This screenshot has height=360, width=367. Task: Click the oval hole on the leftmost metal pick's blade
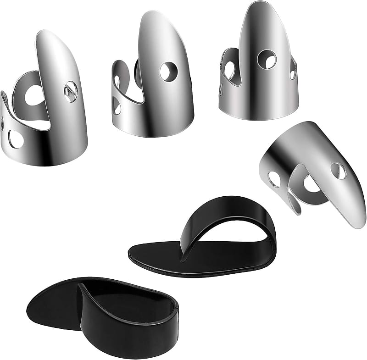click(70, 91)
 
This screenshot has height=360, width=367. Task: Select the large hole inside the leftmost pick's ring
click(33, 96)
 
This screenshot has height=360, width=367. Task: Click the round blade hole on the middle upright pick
click(168, 72)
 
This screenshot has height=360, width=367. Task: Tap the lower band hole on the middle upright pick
click(117, 107)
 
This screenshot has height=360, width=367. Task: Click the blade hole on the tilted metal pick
click(339, 171)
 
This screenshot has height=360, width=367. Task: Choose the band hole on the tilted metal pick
click(274, 179)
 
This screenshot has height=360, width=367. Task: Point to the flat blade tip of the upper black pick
click(138, 255)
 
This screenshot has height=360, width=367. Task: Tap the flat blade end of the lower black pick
click(37, 303)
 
